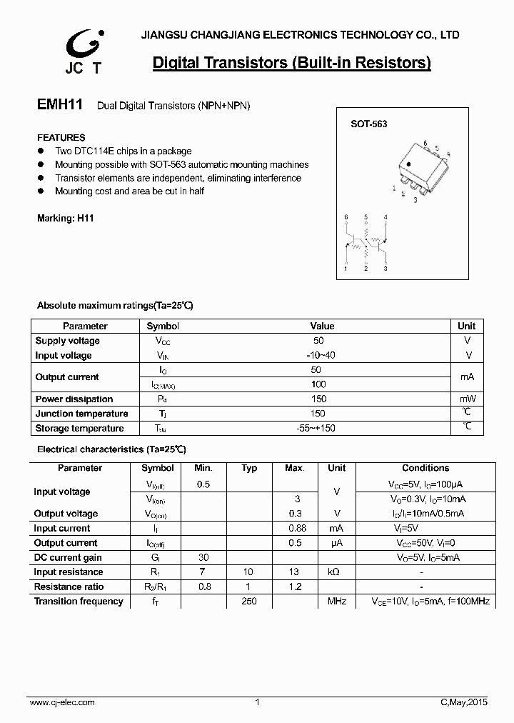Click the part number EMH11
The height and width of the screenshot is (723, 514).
[x=60, y=104]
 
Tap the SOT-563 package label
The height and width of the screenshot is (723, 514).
[x=368, y=124]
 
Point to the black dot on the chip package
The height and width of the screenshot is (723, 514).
[x=408, y=165]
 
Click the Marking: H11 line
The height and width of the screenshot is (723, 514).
[x=65, y=219]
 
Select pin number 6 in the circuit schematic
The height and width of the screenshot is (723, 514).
[x=346, y=216]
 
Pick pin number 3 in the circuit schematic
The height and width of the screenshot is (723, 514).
[x=385, y=269]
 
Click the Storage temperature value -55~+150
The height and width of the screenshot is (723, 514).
[x=316, y=428]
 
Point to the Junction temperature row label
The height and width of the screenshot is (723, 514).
[x=81, y=414]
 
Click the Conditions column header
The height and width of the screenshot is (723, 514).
[x=425, y=468]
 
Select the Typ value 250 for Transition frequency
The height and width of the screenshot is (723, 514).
[x=249, y=602]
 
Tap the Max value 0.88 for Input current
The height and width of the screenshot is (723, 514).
[x=296, y=529]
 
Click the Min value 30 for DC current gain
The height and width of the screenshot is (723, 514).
[x=203, y=558]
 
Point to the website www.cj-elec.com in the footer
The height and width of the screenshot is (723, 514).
[x=62, y=703]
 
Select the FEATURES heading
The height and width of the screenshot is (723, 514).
[x=61, y=137]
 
